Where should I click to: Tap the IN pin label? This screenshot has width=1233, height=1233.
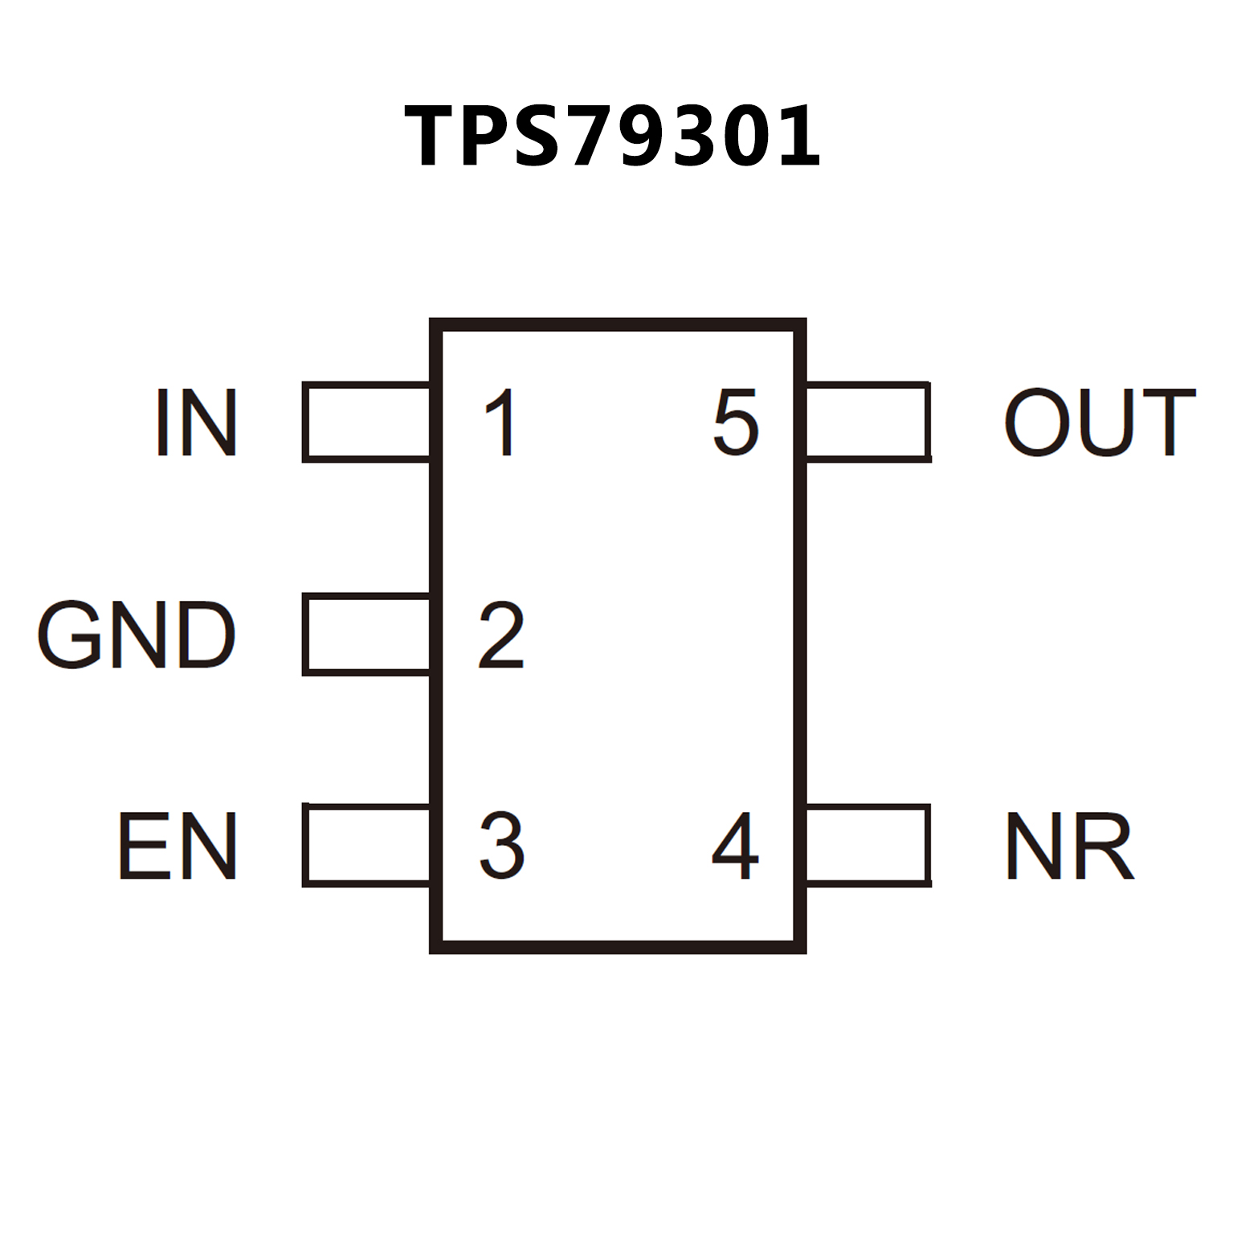[x=196, y=423]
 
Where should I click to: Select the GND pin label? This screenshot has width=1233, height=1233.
[x=137, y=635]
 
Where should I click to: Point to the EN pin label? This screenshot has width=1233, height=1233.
[x=178, y=845]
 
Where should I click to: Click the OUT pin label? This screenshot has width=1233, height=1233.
[x=1100, y=423]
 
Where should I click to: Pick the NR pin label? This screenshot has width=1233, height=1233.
[x=1069, y=845]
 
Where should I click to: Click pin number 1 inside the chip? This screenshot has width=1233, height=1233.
[x=500, y=423]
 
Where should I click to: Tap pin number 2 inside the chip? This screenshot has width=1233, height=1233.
[x=501, y=635]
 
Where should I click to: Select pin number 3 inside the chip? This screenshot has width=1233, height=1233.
[x=502, y=845]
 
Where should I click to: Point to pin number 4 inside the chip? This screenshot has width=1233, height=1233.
[x=735, y=845]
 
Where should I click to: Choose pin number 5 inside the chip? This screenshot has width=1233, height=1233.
[x=735, y=423]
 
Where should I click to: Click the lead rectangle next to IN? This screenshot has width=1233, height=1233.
[x=367, y=423]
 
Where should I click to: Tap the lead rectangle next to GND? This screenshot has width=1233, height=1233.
[x=367, y=635]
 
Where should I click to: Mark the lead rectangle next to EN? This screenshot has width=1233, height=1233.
[x=367, y=845]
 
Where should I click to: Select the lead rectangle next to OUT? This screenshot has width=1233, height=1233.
[x=868, y=423]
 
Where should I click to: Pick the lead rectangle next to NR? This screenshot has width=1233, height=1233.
[x=868, y=845]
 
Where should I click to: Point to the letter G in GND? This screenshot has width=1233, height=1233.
[x=67, y=635]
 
